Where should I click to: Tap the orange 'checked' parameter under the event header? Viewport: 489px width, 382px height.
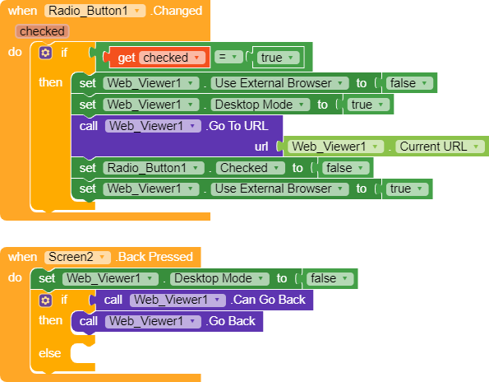tap(41, 31)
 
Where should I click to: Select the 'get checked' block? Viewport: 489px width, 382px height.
tap(161, 58)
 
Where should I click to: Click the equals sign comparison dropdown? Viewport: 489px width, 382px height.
tap(229, 58)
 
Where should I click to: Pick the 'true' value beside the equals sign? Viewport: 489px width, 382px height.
tap(279, 58)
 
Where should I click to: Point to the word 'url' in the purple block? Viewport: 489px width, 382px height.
tap(261, 146)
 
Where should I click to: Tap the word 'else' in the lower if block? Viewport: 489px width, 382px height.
tap(50, 353)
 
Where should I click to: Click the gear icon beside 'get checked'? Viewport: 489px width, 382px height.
tap(45, 52)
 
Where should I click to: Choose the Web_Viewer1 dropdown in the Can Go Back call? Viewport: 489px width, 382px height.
tap(176, 300)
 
